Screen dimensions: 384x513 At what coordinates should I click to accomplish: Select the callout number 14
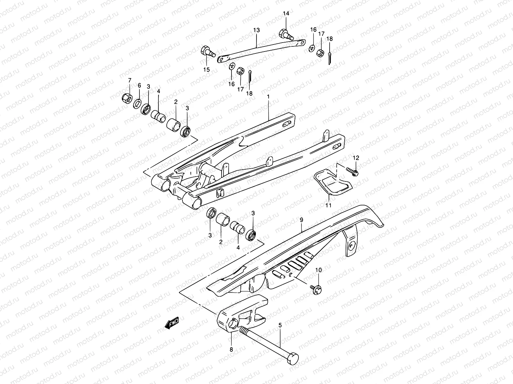pos(286,13)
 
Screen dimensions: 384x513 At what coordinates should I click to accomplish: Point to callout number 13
pos(256,30)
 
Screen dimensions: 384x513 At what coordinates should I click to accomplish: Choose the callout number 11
pos(328,205)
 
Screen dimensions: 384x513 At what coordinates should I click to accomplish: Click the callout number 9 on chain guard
pos(301,220)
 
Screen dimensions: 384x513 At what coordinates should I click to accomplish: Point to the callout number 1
pos(268,96)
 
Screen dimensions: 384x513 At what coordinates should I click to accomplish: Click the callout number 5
pos(280,325)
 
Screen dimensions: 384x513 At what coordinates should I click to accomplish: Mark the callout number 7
pos(130,80)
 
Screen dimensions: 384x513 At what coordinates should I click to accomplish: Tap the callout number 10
pos(318,271)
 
